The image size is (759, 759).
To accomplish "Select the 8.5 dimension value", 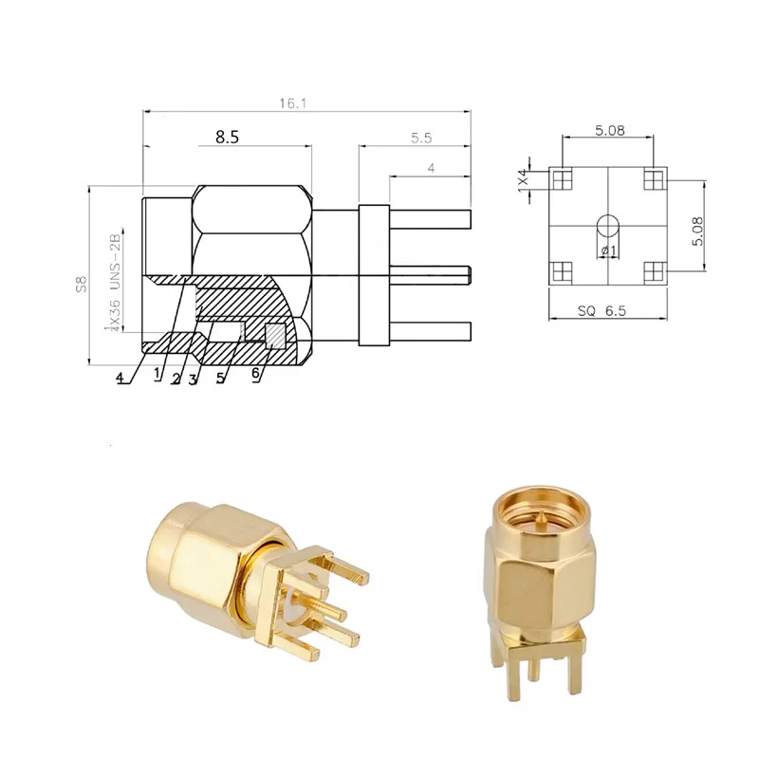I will (227, 137).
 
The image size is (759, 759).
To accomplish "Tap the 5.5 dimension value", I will (420, 138).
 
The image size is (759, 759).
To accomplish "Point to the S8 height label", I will (83, 282).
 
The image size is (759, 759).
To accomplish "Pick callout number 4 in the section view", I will (120, 378).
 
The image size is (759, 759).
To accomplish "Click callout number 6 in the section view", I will (255, 375).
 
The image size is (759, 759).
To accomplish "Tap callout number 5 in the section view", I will (221, 377).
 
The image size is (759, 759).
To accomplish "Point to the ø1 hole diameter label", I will (608, 250).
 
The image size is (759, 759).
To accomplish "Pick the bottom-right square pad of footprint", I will (653, 271).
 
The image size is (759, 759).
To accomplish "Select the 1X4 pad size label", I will (523, 178).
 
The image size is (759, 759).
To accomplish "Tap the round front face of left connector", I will (172, 551).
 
